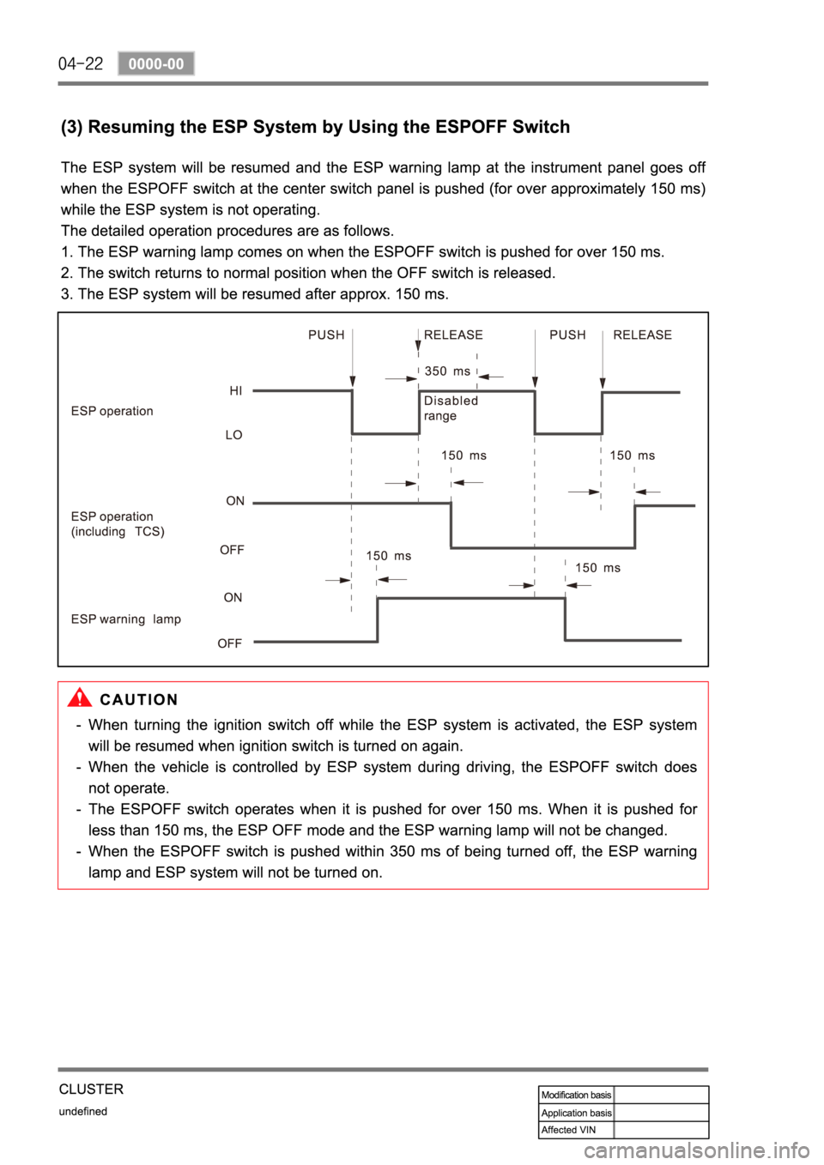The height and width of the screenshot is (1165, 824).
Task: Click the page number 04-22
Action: (81, 63)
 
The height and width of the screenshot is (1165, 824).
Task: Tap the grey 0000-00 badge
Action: (156, 63)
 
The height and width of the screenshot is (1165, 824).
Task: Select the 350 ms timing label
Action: (447, 371)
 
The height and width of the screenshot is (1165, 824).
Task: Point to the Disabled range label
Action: (451, 407)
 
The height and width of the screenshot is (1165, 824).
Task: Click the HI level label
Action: (236, 390)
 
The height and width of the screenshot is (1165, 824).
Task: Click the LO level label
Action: (233, 435)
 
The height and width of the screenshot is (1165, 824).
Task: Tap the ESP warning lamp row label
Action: (126, 619)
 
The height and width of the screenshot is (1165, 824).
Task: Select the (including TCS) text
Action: (118, 531)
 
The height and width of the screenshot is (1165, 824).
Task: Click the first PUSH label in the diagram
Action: (326, 335)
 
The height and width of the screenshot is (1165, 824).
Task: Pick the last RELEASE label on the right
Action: (642, 335)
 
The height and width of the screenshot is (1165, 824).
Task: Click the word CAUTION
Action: (139, 699)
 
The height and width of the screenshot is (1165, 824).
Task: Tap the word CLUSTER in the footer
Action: (91, 1089)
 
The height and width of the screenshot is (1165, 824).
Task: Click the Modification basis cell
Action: (576, 1095)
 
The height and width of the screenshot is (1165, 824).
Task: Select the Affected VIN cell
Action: (568, 1130)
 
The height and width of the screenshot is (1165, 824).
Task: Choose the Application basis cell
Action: (576, 1113)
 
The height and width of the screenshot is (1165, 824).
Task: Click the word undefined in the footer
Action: (82, 1111)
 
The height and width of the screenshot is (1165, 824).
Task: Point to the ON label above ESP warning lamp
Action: (233, 597)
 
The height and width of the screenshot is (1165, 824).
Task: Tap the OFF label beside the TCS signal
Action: (232, 550)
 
